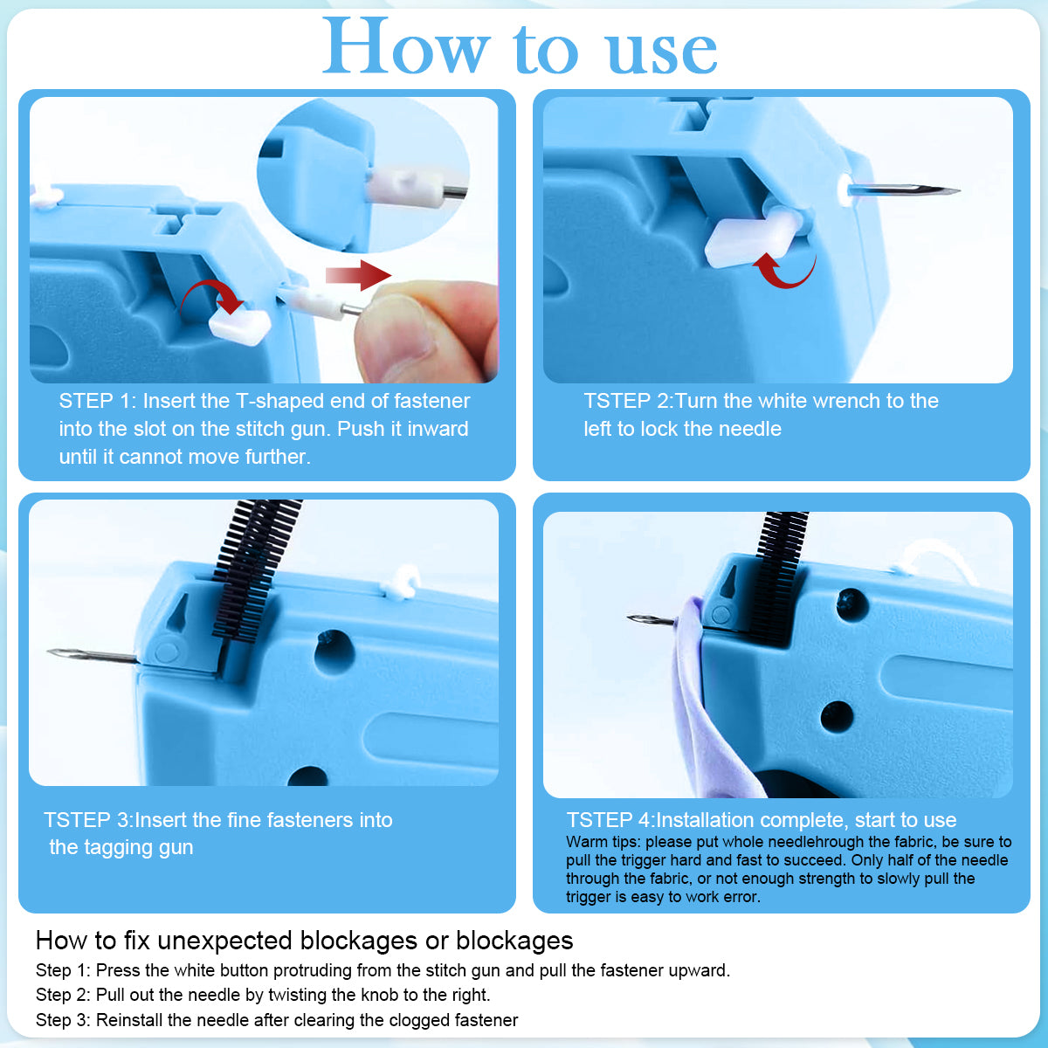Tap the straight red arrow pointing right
pos(358,275)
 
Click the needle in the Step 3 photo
pos(92,655)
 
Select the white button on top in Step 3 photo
pos(402,583)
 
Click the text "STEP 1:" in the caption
pos(96,401)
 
